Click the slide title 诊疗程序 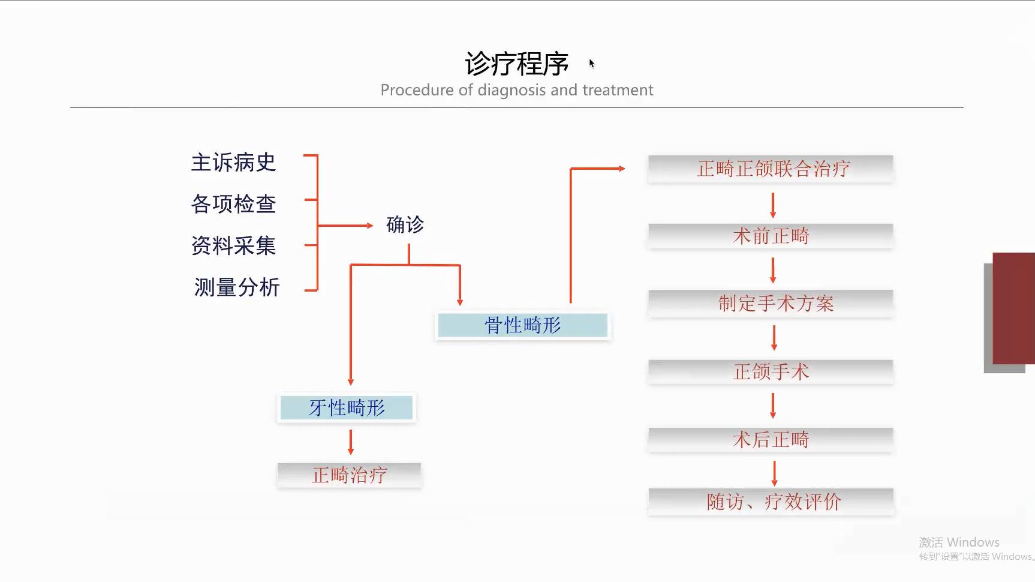coord(516,64)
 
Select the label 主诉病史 coord(233,163)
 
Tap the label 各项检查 coord(233,204)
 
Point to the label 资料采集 coord(233,245)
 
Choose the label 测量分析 coord(237,287)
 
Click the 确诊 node coord(405,225)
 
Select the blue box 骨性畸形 coord(523,325)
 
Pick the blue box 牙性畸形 coord(347,408)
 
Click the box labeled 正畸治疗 coord(349,475)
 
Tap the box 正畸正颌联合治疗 coord(771,169)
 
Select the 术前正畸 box coord(771,236)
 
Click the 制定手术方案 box coord(771,303)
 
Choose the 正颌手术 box coord(771,371)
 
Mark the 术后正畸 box coord(771,440)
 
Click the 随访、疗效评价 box coord(771,502)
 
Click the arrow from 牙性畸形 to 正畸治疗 coord(351,443)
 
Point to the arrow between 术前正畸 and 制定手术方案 coord(773,270)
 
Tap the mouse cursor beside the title coord(592,64)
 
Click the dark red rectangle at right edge coord(1014,308)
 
